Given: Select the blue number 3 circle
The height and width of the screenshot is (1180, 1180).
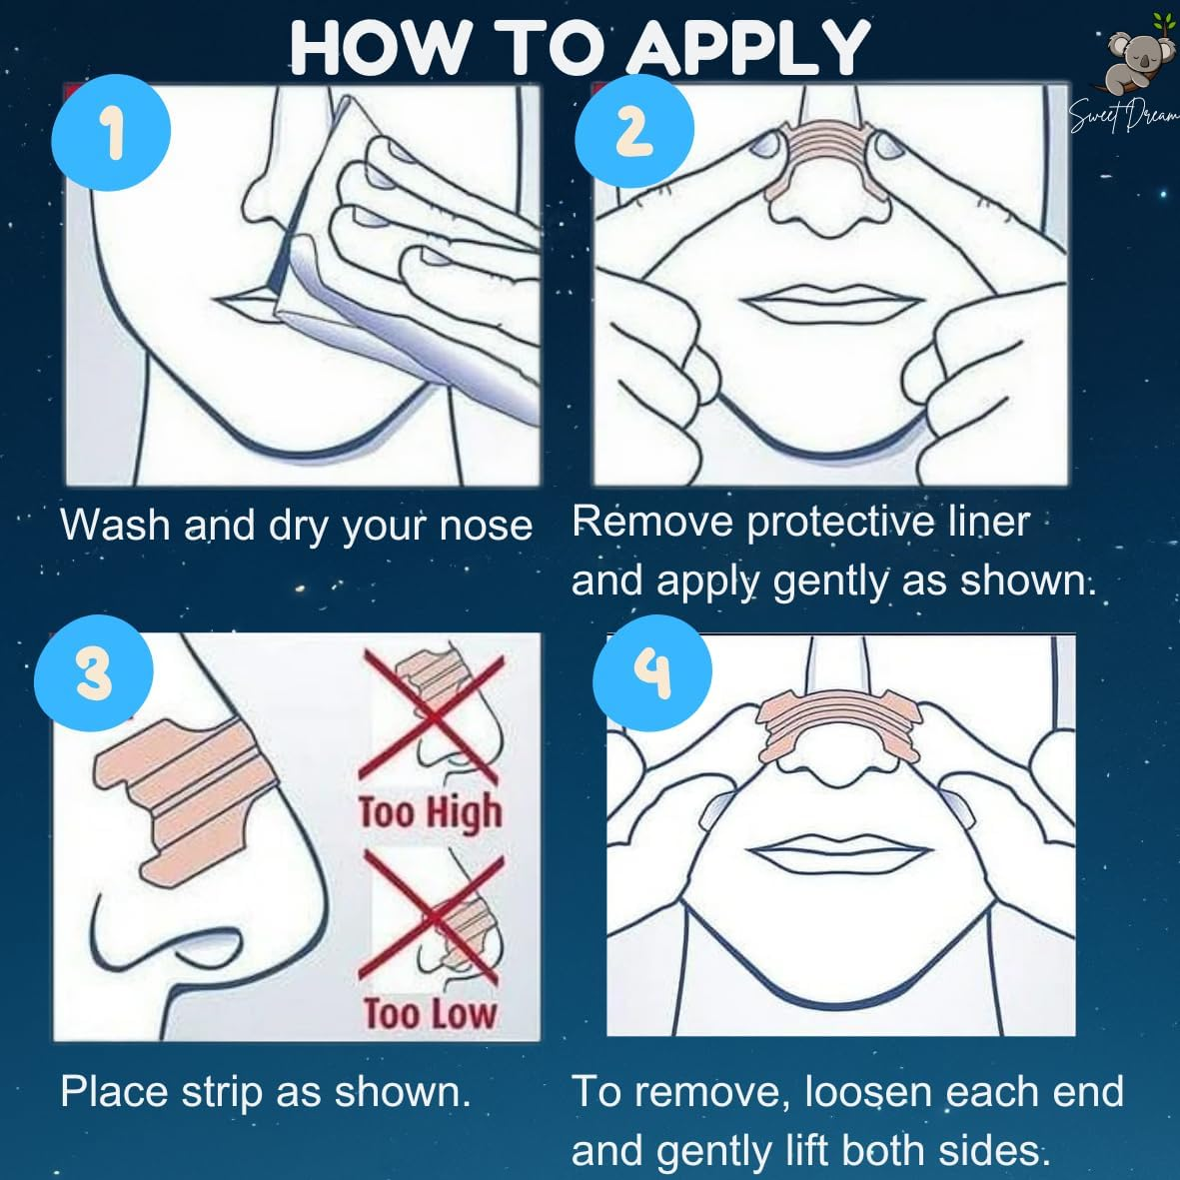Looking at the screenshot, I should [93, 672].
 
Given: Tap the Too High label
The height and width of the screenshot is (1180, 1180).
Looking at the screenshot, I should [431, 811].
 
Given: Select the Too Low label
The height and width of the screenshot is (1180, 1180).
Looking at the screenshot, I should [430, 1014].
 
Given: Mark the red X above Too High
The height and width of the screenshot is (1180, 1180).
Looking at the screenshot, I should [431, 714].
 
